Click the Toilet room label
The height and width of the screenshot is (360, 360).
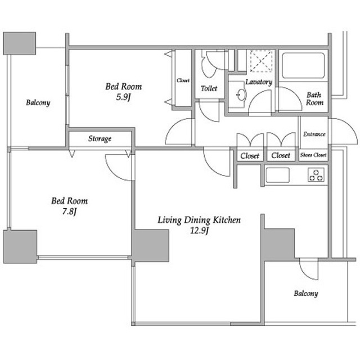coord(209,88)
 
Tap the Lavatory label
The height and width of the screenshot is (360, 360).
coord(259,82)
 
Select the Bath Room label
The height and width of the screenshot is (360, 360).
coord(314,98)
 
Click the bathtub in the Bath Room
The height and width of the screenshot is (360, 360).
coord(303,65)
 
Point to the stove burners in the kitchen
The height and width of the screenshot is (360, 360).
coord(316,175)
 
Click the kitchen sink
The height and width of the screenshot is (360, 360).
coord(277,175)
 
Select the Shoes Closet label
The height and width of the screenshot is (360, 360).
coord(313,155)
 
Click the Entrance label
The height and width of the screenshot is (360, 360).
coord(314,134)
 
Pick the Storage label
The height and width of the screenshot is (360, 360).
coord(100,139)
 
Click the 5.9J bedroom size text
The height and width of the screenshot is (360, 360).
coord(123,97)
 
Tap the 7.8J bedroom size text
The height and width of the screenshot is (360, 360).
coord(69,211)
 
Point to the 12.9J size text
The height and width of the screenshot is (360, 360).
coord(199,231)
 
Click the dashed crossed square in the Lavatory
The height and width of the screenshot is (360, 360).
coord(262,61)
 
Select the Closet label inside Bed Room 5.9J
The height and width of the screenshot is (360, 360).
coord(183,80)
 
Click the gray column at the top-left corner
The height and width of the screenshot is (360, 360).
coord(20,43)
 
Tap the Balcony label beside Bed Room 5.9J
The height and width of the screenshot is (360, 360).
coord(38,102)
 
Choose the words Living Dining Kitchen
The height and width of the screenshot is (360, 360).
coord(199,220)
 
